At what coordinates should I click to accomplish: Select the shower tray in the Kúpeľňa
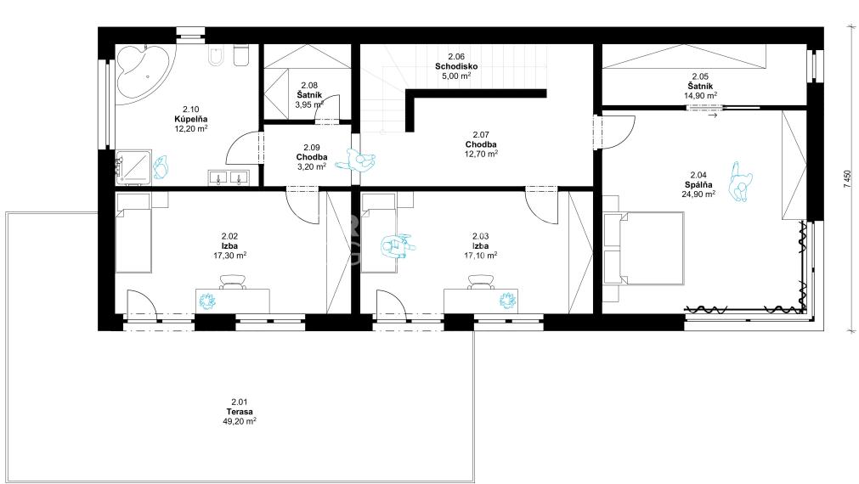click(x=134, y=166)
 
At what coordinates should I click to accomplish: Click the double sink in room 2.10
click(x=229, y=177)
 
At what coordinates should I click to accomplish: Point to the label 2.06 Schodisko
click(x=455, y=61)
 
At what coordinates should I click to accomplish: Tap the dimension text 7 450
click(x=848, y=179)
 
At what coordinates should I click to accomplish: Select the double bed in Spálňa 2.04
click(x=644, y=248)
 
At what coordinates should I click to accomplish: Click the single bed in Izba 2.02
click(x=133, y=233)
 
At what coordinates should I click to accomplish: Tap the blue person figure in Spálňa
click(x=740, y=182)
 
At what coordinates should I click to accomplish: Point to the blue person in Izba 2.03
click(x=398, y=246)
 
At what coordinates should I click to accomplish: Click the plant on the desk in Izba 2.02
click(x=207, y=301)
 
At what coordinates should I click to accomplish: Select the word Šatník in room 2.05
click(x=700, y=86)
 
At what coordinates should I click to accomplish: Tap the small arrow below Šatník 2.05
click(x=713, y=116)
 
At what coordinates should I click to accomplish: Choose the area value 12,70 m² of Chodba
click(x=481, y=155)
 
